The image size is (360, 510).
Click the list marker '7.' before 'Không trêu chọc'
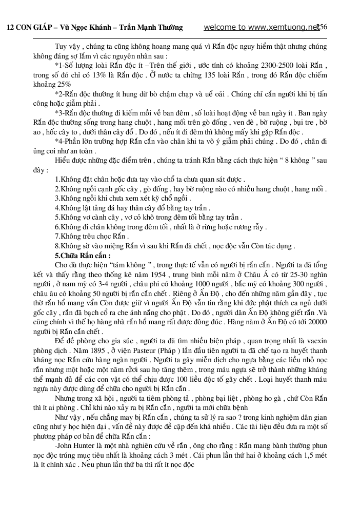click(x=58, y=236)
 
